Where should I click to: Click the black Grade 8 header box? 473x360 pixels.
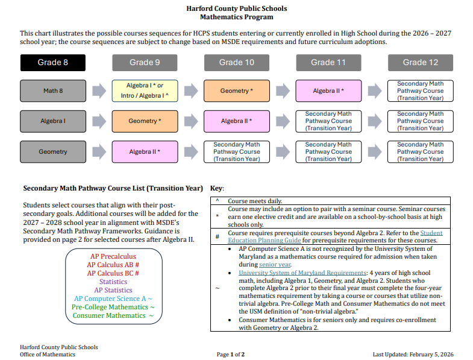tap(53, 63)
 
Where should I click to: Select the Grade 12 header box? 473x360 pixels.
tap(420, 63)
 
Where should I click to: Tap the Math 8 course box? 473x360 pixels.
tap(53, 91)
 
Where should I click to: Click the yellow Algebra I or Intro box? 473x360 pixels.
tap(145, 91)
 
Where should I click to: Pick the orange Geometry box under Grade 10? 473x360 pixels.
tap(236, 91)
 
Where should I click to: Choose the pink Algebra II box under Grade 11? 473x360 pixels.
tap(328, 91)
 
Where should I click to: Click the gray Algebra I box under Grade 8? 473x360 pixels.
tap(53, 121)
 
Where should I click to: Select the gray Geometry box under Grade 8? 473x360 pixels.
tap(53, 152)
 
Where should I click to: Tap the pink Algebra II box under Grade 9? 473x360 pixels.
tap(145, 152)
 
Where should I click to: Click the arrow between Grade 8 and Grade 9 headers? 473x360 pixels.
tap(99, 63)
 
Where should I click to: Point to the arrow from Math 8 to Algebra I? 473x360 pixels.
tap(99, 91)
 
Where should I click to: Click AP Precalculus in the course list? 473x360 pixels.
tap(113, 257)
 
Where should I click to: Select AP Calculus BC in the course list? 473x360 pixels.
tap(113, 273)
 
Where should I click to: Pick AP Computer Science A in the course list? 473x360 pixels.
tap(113, 298)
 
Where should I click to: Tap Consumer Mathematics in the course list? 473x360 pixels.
tap(113, 315)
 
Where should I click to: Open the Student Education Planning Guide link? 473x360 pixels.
tap(431, 233)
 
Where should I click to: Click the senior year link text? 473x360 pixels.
tap(275, 264)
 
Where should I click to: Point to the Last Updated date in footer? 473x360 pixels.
tap(413, 355)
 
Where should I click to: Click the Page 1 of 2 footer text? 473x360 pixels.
tap(231, 355)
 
